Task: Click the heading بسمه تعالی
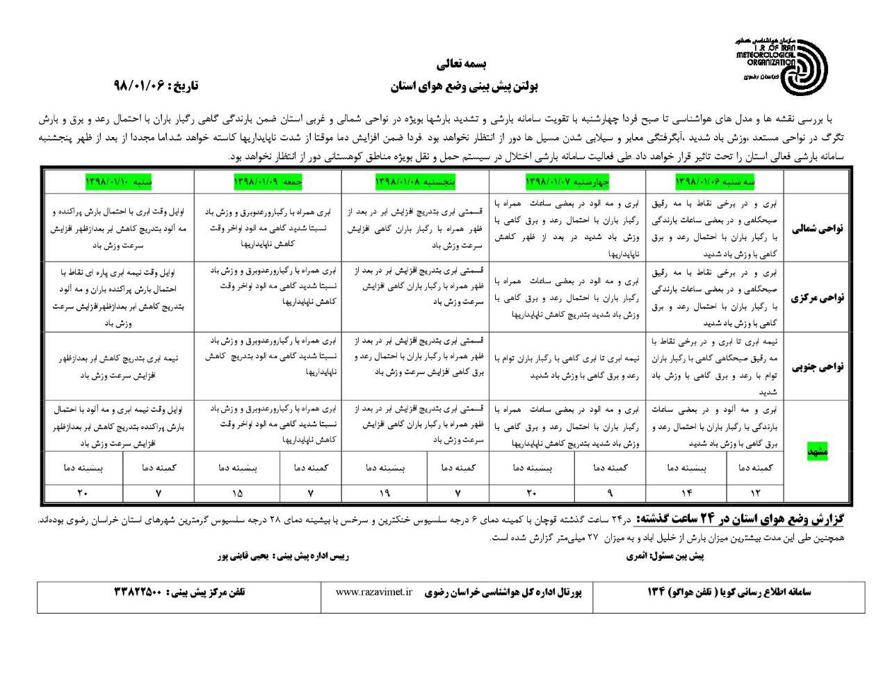click(456, 64)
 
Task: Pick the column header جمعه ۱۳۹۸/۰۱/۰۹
click(268, 181)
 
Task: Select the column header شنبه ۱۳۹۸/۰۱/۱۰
click(119, 181)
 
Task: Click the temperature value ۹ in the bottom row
click(610, 493)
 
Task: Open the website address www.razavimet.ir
click(374, 592)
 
